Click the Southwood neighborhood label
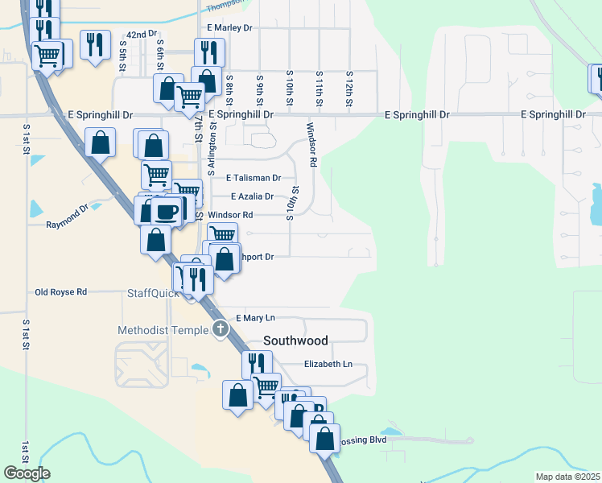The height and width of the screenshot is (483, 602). [297, 341]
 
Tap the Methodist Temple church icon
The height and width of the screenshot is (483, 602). [221, 329]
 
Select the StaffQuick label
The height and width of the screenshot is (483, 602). [150, 294]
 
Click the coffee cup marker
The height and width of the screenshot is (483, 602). [167, 212]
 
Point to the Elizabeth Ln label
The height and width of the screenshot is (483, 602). [328, 364]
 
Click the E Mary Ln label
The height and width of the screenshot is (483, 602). [256, 318]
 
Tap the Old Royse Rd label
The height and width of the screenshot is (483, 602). [60, 291]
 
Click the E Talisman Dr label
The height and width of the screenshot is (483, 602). [254, 178]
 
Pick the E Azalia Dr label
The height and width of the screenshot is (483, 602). [252, 196]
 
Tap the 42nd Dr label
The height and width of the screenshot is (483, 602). [141, 35]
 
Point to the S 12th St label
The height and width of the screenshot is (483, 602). [349, 89]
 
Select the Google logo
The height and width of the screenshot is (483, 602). [27, 473]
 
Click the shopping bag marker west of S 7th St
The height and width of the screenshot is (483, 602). [100, 143]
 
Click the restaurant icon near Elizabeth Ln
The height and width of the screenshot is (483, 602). [257, 364]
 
